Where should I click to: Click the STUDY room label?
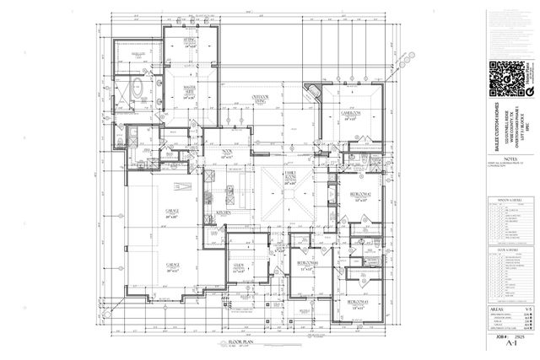[x=238, y=269]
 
